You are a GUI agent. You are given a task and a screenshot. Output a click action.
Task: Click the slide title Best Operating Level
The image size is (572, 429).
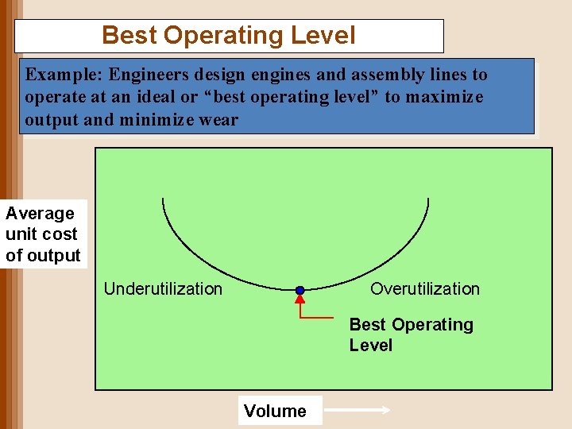[229, 36]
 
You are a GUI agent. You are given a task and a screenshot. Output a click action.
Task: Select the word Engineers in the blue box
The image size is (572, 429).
[149, 75]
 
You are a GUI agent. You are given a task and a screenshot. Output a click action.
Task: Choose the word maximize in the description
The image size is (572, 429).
[445, 97]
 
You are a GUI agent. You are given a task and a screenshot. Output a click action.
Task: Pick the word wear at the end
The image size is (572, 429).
[218, 119]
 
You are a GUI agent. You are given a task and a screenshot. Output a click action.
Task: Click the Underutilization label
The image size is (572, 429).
[163, 289]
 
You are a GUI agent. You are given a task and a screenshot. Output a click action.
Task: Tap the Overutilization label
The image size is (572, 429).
[425, 289]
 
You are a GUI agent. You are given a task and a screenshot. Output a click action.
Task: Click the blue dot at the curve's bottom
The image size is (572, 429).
[300, 291]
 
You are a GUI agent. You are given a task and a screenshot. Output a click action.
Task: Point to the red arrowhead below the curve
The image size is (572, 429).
[300, 300]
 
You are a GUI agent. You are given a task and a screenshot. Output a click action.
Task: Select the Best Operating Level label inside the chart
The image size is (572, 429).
[410, 334]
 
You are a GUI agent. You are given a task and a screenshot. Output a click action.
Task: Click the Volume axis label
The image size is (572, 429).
[275, 411]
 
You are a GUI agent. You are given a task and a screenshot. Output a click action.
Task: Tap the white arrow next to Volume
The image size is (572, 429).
[358, 411]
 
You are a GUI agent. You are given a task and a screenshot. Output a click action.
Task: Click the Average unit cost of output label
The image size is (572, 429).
[43, 234]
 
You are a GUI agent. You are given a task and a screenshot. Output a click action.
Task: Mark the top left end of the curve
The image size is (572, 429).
[163, 199]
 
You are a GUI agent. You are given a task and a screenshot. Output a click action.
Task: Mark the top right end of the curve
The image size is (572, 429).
[428, 199]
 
